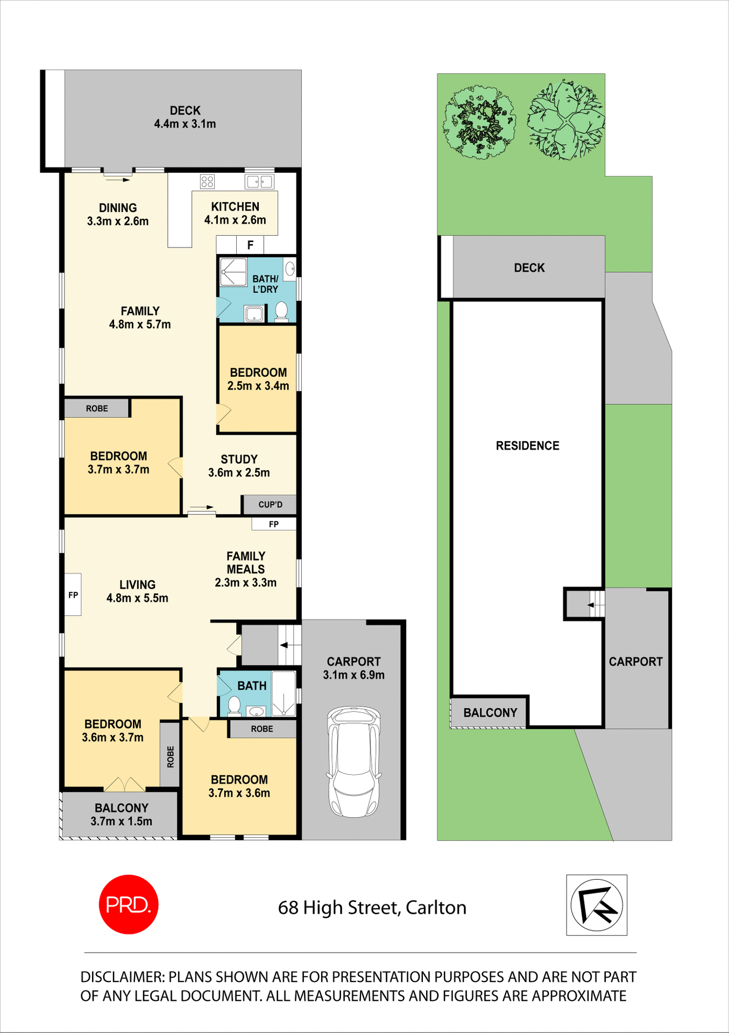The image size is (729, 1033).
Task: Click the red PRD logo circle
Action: click(129, 904)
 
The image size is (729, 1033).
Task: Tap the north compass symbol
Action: click(597, 905)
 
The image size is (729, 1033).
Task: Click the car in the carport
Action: click(353, 762)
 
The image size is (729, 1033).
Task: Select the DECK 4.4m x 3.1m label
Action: click(185, 117)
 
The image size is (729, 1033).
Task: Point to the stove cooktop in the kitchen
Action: click(207, 181)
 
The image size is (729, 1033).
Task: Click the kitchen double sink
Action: click(259, 181)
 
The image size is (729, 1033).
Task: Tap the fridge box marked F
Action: click(250, 245)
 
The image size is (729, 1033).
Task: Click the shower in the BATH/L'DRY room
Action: click(233, 272)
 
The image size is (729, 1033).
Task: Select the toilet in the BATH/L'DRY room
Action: click(281, 310)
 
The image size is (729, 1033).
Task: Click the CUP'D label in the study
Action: click(270, 505)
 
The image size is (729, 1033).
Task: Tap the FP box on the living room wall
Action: click(73, 595)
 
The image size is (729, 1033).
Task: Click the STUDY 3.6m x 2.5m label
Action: click(239, 466)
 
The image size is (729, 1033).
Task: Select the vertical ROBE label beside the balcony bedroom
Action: click(170, 756)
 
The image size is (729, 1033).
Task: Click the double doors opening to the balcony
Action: click(124, 784)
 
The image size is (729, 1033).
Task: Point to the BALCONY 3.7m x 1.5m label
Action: click(122, 815)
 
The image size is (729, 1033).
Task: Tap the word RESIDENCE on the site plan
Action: click(527, 445)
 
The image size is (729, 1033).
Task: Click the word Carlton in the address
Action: click(436, 908)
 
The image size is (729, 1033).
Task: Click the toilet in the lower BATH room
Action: click(234, 705)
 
